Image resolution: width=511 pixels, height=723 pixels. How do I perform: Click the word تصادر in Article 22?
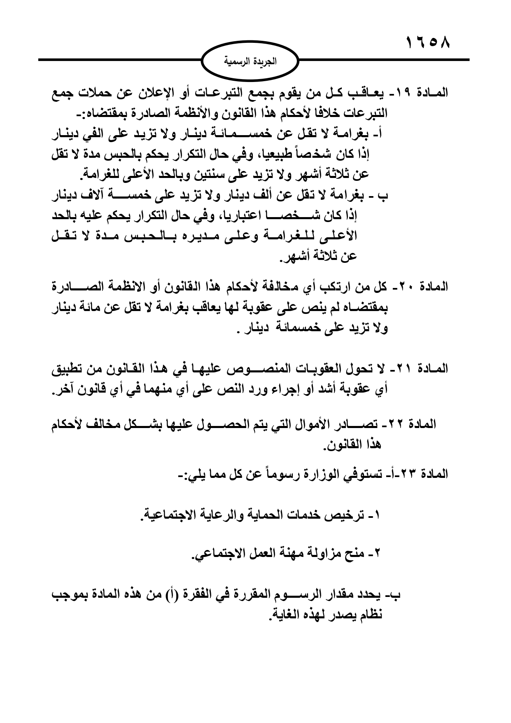(x=363, y=424)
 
